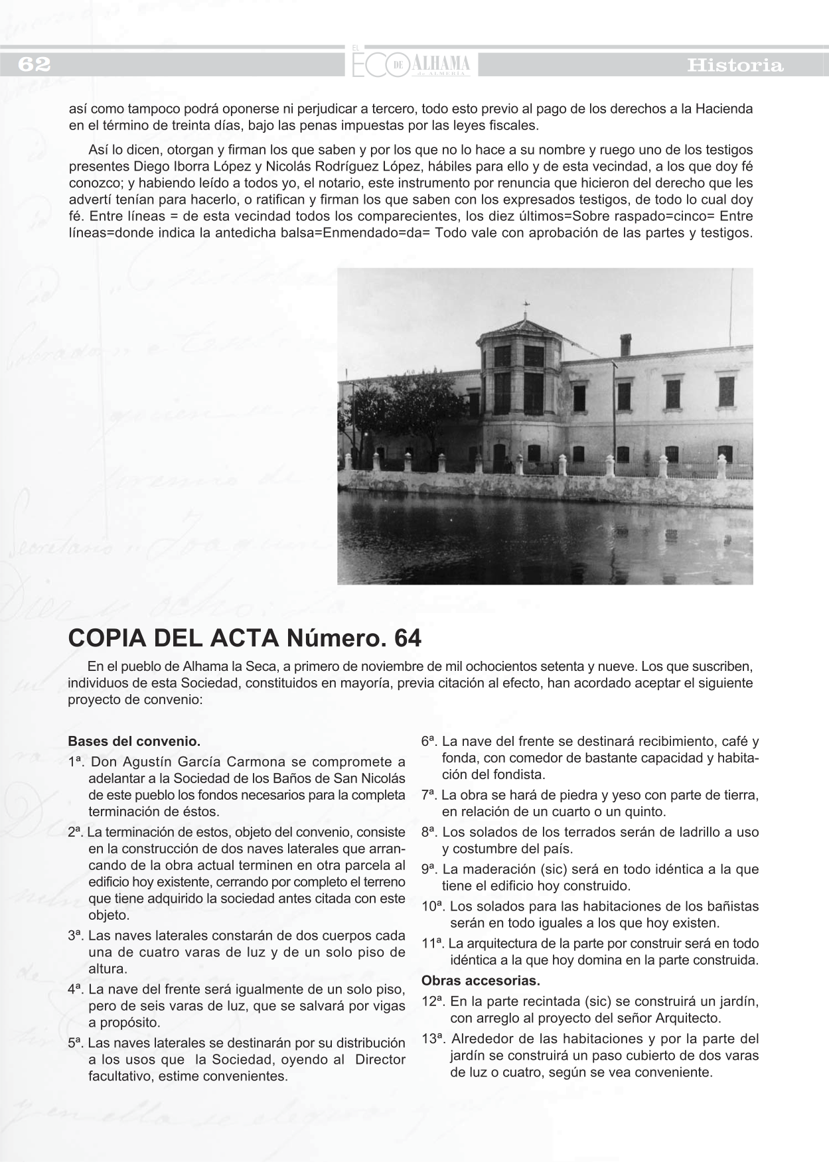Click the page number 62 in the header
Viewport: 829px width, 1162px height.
point(34,64)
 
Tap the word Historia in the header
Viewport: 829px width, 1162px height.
point(735,66)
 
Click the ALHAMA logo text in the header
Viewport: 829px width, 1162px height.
point(441,64)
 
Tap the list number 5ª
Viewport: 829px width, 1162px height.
point(76,1043)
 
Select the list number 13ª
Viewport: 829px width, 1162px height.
point(433,1039)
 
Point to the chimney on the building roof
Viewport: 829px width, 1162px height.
point(625,344)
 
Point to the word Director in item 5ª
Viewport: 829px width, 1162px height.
point(380,1059)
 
